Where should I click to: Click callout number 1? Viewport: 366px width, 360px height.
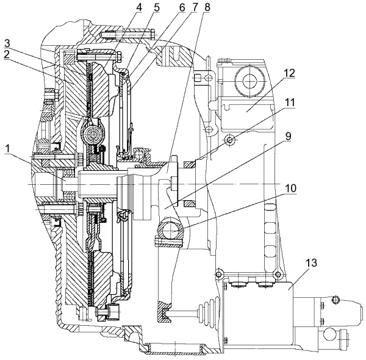coord(7,149)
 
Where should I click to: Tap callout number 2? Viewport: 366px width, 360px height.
coord(7,55)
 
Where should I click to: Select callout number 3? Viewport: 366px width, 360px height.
coord(7,43)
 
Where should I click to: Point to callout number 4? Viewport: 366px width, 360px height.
coord(139,7)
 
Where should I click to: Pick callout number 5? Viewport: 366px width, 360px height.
coord(157,7)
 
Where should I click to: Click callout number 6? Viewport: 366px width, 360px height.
coord(182,7)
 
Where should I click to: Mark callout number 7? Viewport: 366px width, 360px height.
coord(194,7)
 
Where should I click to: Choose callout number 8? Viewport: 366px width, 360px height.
coord(207,7)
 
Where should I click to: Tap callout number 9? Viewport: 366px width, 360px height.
coord(289,136)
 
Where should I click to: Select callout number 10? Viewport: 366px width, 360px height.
coord(290,188)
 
